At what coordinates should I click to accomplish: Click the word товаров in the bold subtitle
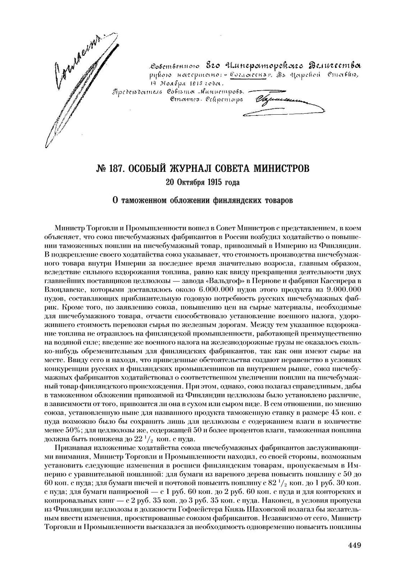pos(278,200)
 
